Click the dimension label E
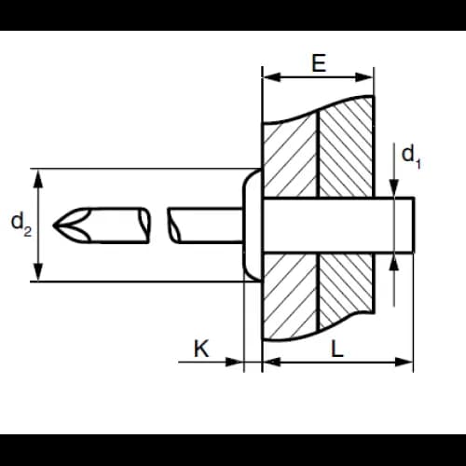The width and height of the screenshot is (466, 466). (319, 63)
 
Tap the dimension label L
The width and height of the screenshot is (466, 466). (337, 349)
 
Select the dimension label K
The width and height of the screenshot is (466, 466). (201, 349)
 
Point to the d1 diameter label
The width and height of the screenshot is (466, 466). (411, 158)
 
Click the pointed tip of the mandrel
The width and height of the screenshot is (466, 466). (53, 225)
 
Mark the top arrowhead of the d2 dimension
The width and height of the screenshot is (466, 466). (38, 179)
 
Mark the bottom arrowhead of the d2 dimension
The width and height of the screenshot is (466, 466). (38, 271)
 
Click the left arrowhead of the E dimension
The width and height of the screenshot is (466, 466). (272, 77)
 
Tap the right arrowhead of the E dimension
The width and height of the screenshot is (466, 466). (363, 77)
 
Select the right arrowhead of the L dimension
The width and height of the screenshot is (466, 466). (404, 362)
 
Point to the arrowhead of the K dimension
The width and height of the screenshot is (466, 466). (234, 362)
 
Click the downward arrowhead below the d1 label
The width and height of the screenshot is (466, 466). (394, 187)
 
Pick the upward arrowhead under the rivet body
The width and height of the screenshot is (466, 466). (394, 263)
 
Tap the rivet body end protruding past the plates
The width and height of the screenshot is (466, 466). (394, 226)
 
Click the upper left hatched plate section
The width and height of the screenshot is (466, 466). (291, 158)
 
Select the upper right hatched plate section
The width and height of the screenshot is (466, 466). (347, 147)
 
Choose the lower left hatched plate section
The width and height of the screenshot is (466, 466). (291, 295)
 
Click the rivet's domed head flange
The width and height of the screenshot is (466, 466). (253, 225)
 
